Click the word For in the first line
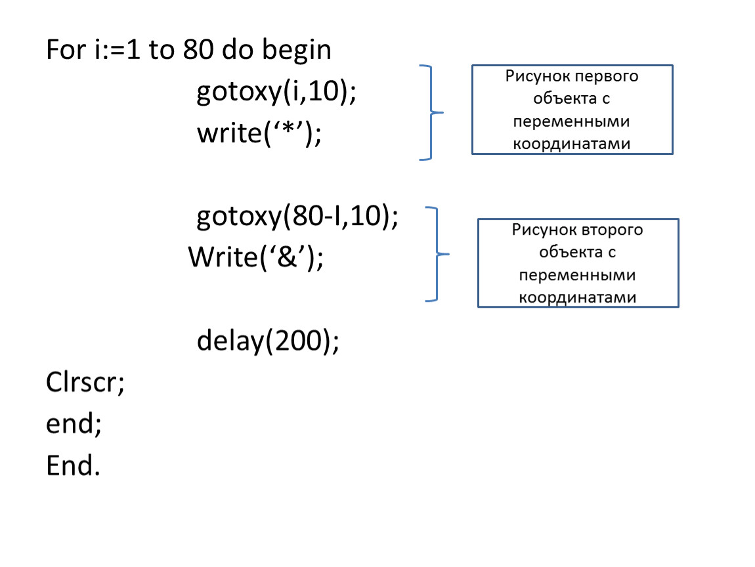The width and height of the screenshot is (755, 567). click(x=66, y=50)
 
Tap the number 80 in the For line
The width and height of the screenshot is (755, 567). click(x=198, y=50)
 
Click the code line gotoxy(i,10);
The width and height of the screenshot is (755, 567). click(x=276, y=91)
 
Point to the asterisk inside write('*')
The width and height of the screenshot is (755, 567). click(x=288, y=129)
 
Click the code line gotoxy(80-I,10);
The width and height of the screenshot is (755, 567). click(x=297, y=216)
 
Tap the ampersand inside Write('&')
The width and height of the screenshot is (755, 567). click(x=288, y=257)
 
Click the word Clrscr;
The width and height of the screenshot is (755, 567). click(x=85, y=383)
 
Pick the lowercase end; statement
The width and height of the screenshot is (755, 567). click(x=74, y=424)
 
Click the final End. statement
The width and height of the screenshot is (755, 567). click(x=73, y=466)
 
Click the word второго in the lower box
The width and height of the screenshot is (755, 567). click(x=611, y=230)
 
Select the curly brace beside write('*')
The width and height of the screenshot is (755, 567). click(x=431, y=112)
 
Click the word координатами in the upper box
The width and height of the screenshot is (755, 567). click(x=572, y=144)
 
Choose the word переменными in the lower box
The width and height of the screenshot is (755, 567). click(x=577, y=276)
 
